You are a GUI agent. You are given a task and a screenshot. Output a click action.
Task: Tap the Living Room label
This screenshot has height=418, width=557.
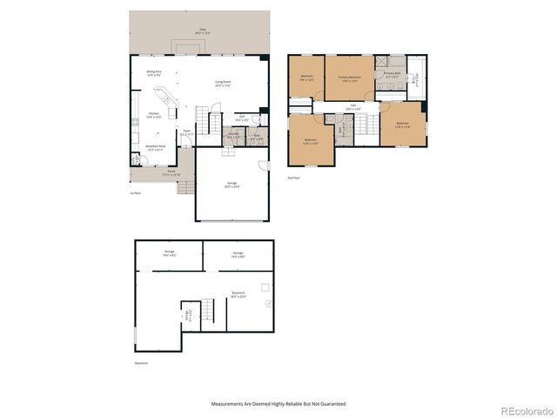pyautogui.click(x=223, y=85)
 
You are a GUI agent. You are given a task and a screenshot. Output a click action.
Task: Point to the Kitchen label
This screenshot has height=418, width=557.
pyautogui.click(x=153, y=115)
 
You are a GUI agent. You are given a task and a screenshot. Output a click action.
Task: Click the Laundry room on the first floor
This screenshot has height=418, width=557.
pyautogui.click(x=233, y=136)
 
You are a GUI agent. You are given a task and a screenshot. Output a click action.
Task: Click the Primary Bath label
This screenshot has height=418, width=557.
pyautogui.click(x=392, y=76)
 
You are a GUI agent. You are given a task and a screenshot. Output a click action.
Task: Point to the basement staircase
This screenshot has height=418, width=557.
pyautogui.click(x=206, y=309)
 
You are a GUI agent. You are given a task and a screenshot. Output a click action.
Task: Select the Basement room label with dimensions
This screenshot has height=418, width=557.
pyautogui.click(x=238, y=294)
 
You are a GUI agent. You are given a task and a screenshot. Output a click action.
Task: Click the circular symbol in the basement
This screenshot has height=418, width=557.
pyautogui.click(x=269, y=302)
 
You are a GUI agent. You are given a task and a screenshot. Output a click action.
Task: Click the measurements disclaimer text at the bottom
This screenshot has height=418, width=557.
pyautogui.click(x=278, y=404)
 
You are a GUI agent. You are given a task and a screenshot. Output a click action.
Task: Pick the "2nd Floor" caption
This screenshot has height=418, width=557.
pyautogui.click(x=294, y=177)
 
